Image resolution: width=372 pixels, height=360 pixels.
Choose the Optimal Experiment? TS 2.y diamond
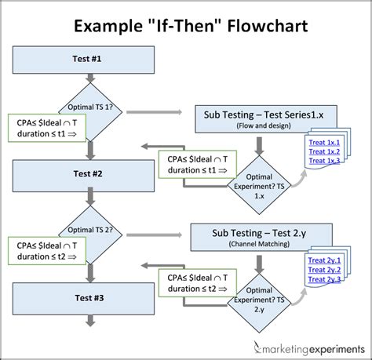[x=258, y=297]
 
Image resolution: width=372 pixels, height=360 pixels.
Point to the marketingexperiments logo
[x=306, y=346]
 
